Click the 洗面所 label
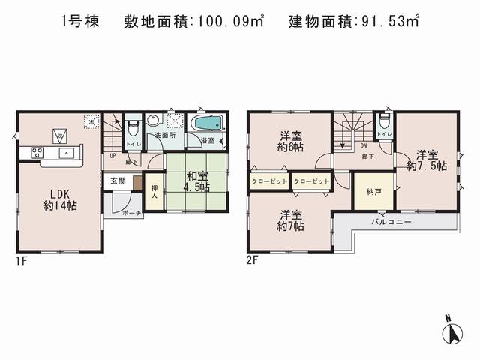click(160, 136)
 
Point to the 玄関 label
click(118, 181)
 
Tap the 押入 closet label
click(154, 192)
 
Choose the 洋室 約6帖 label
click(291, 140)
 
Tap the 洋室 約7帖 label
click(291, 220)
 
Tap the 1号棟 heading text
click(79, 22)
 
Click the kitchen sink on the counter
click(65, 154)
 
